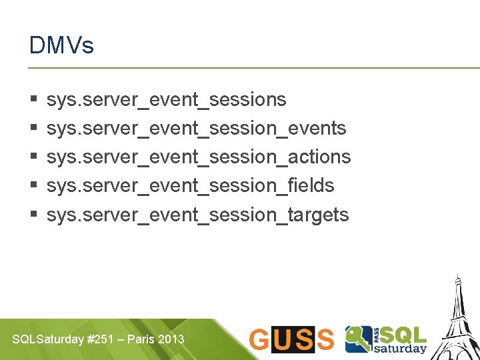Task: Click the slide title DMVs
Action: pyautogui.click(x=61, y=45)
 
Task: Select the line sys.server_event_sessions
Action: pyautogui.click(x=166, y=99)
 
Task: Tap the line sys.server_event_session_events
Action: pyautogui.click(x=196, y=128)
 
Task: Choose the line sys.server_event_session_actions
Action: pyautogui.click(x=198, y=157)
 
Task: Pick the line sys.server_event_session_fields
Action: pyautogui.click(x=190, y=185)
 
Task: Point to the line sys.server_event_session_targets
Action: pyautogui.click(x=197, y=215)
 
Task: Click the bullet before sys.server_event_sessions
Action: pyautogui.click(x=33, y=100)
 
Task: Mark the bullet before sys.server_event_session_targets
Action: pyautogui.click(x=33, y=215)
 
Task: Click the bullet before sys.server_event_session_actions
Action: pyautogui.click(x=33, y=157)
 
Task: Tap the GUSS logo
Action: pyautogui.click(x=291, y=339)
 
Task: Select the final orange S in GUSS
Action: pyautogui.click(x=325, y=339)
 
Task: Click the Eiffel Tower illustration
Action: pyautogui.click(x=457, y=320)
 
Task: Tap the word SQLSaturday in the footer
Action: pyautogui.click(x=47, y=339)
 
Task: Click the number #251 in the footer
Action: pyautogui.click(x=99, y=339)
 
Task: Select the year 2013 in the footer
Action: pyautogui.click(x=171, y=339)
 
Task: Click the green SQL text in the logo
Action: pyautogui.click(x=403, y=334)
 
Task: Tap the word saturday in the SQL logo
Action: pyautogui.click(x=403, y=348)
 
